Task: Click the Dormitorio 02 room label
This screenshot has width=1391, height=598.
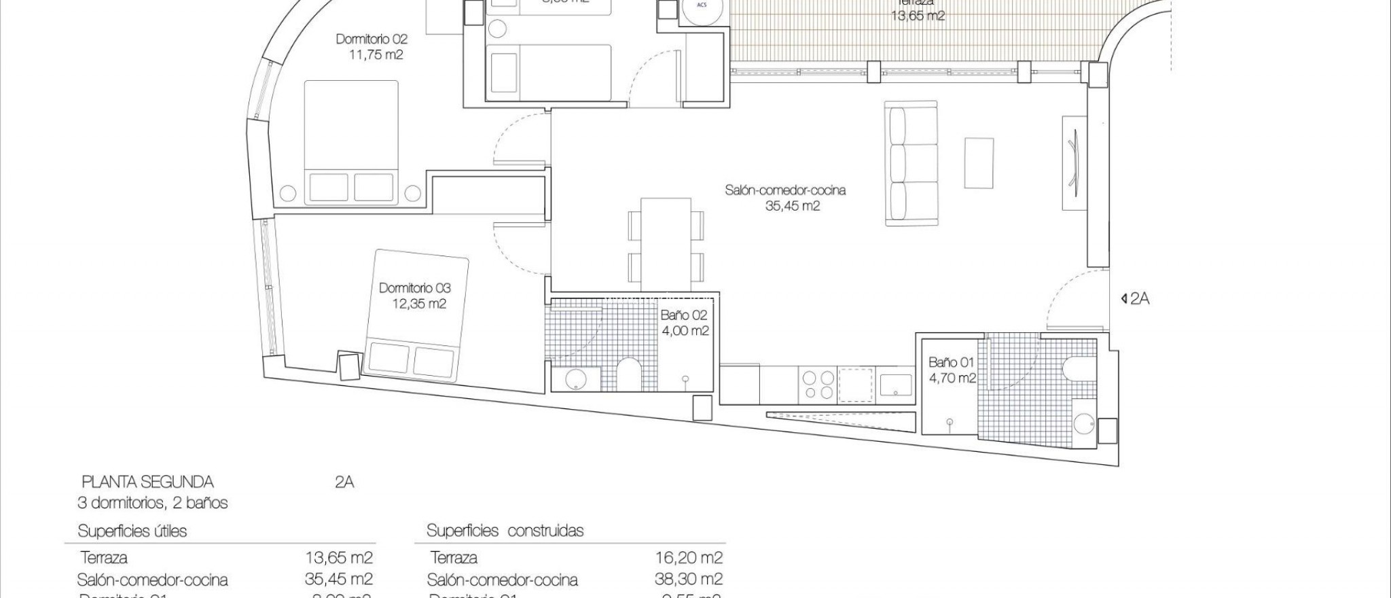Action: [372, 39]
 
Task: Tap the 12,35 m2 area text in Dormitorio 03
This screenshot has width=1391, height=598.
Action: [419, 304]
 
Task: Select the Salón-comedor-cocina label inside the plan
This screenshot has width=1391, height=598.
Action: [785, 190]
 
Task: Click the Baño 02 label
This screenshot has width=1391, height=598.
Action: [684, 315]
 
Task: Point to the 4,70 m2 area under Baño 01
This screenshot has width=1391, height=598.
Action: [952, 379]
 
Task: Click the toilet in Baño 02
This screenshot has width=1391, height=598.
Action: [628, 375]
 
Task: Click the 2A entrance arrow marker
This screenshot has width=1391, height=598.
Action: [1135, 298]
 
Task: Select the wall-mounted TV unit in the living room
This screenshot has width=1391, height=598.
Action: [1072, 164]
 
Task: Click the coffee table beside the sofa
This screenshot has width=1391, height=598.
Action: [979, 163]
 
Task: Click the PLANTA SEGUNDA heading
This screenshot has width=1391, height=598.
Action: [147, 482]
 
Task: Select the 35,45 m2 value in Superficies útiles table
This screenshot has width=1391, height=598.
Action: [339, 579]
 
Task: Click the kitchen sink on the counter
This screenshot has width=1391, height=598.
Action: [897, 385]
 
